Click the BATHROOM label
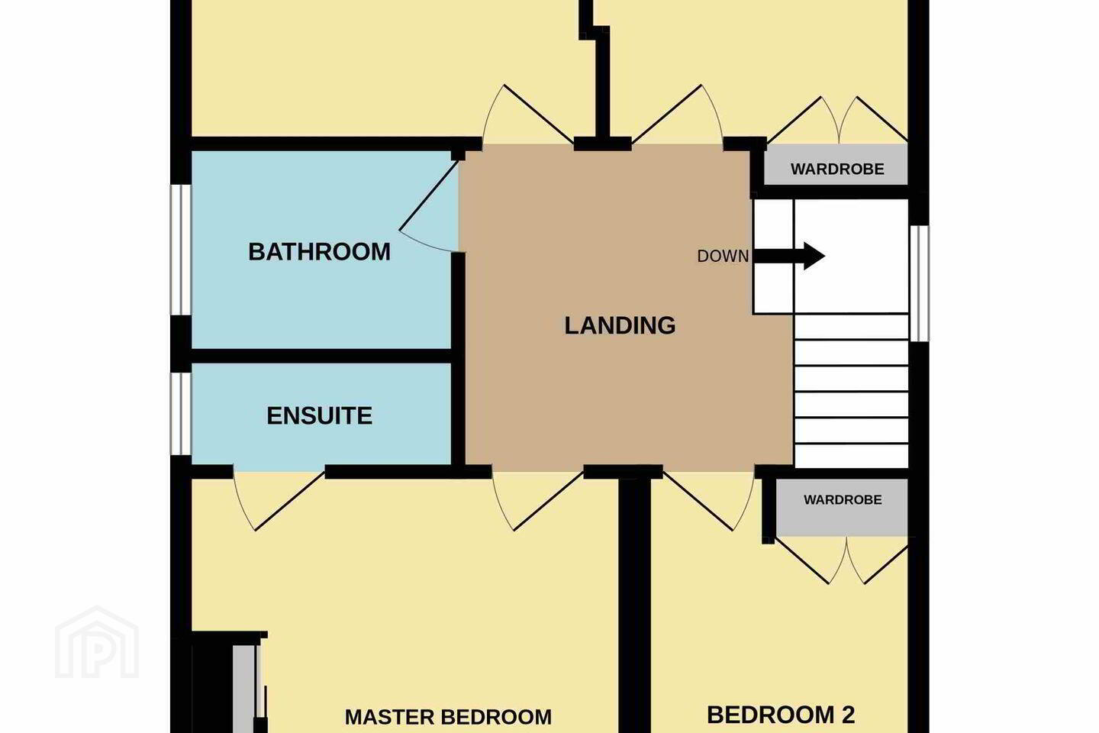tap(319, 252)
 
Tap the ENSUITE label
tap(319, 416)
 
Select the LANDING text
tap(620, 325)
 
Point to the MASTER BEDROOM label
tap(448, 717)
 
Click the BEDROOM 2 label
tap(781, 715)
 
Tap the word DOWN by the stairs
tap(724, 257)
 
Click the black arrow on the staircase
tap(789, 256)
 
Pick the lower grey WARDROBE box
tap(842, 507)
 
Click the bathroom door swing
tap(428, 206)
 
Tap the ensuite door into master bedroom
tap(278, 501)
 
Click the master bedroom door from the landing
tap(537, 501)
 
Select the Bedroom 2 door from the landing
tap(708, 501)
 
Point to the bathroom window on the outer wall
tap(181, 250)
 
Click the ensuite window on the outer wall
tap(181, 414)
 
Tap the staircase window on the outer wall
tap(920, 283)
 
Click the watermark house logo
tap(97, 642)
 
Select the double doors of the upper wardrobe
tap(838, 121)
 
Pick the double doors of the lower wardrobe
tap(842, 560)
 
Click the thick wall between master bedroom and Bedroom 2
tap(634, 605)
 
